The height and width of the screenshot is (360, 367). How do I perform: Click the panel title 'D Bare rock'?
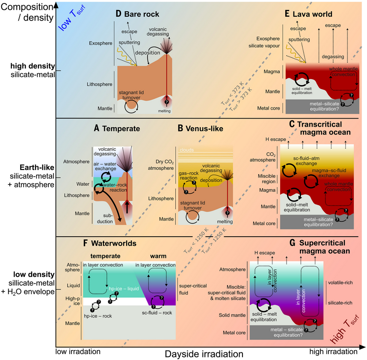pyautogui.click(x=137, y=14)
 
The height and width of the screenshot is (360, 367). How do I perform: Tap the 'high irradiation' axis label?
pyautogui.click(x=333, y=351)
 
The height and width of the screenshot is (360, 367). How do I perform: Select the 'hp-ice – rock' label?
pyautogui.click(x=96, y=316)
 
